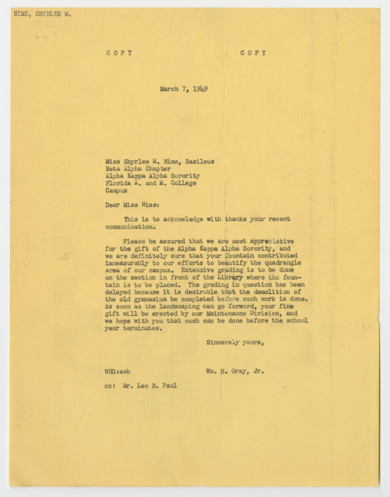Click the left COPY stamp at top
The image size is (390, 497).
pos(119,53)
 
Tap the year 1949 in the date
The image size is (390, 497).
pos(198,89)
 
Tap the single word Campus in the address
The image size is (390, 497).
pos(118,192)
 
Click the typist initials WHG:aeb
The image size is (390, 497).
pos(117,371)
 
